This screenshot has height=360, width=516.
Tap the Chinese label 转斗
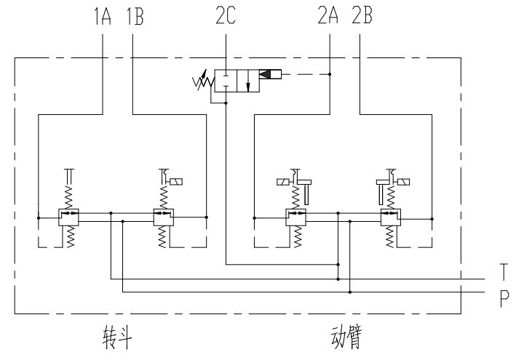click(x=116, y=337)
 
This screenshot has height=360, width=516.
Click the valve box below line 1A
click(x=69, y=216)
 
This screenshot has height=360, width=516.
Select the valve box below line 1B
click(x=163, y=216)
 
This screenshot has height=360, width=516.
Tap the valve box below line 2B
click(x=389, y=216)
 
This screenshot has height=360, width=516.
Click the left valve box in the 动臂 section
click(x=295, y=216)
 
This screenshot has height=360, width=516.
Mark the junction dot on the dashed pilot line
click(x=330, y=73)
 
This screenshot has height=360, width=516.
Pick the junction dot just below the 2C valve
click(x=226, y=104)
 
